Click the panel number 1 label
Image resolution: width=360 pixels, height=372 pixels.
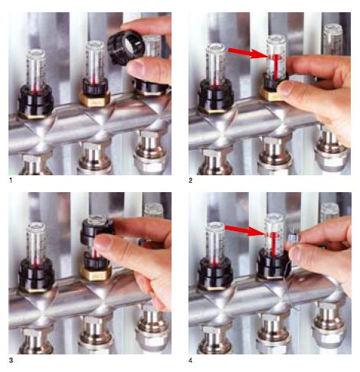tap(11, 181)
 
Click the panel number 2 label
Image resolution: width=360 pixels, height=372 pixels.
tap(191, 181)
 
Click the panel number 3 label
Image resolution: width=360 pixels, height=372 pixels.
tap(11, 361)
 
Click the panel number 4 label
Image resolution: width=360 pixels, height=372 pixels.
tap(191, 361)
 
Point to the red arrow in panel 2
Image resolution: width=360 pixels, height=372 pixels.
tap(247, 53)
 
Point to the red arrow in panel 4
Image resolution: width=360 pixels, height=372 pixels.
tap(244, 230)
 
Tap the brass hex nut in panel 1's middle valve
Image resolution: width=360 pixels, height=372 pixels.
tap(94, 99)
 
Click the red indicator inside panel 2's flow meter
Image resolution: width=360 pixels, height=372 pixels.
tap(275, 66)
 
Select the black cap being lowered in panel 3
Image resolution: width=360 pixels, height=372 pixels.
tap(97, 231)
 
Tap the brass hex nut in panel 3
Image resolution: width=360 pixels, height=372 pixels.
tap(95, 272)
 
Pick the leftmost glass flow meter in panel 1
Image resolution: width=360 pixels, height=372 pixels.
tap(36, 69)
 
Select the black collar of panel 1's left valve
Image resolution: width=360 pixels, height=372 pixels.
tap(35, 100)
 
